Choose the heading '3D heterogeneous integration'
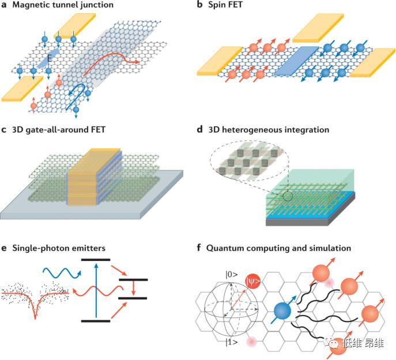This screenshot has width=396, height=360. (271, 130)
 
